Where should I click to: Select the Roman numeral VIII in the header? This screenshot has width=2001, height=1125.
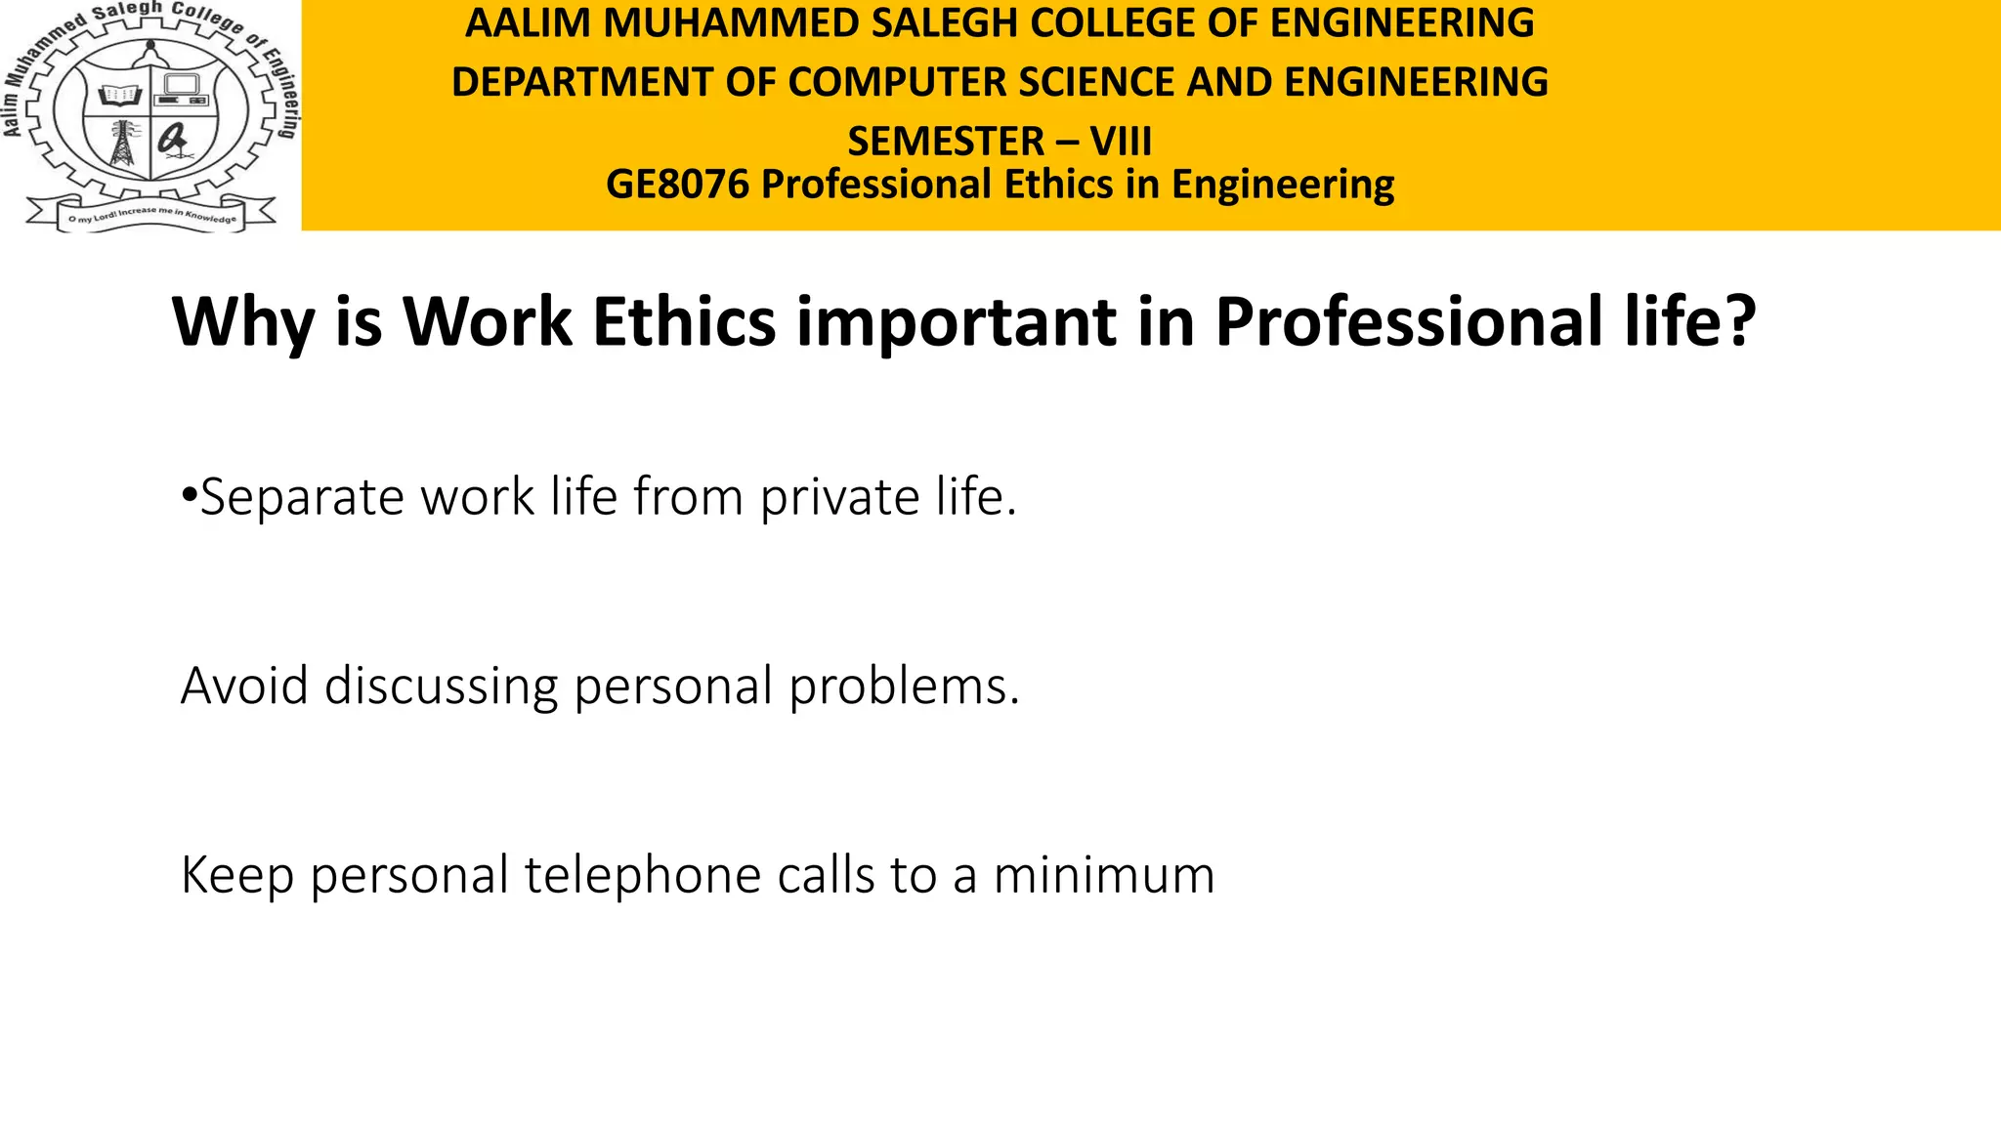click(1121, 143)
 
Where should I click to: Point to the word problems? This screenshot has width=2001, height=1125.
click(904, 687)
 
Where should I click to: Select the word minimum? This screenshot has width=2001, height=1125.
click(1103, 875)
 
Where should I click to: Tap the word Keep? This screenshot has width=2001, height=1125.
click(236, 875)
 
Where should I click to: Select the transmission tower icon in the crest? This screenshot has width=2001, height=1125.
click(122, 145)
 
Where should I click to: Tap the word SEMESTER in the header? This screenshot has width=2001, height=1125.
click(945, 143)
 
